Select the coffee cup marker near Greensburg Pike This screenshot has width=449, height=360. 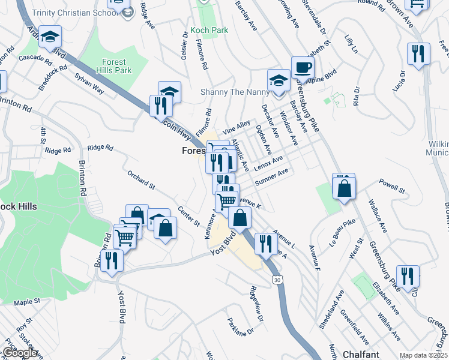(303, 67)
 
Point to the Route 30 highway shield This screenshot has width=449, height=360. (276, 280)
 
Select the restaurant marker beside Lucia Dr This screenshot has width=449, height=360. (417, 53)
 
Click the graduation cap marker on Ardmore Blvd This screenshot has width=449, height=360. (50, 37)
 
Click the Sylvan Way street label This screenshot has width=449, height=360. (89, 84)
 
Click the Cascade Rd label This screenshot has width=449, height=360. (36, 58)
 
